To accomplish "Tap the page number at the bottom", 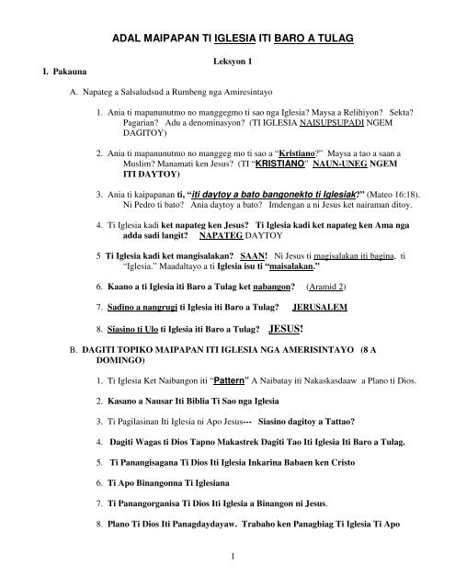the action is coord(226,553).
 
